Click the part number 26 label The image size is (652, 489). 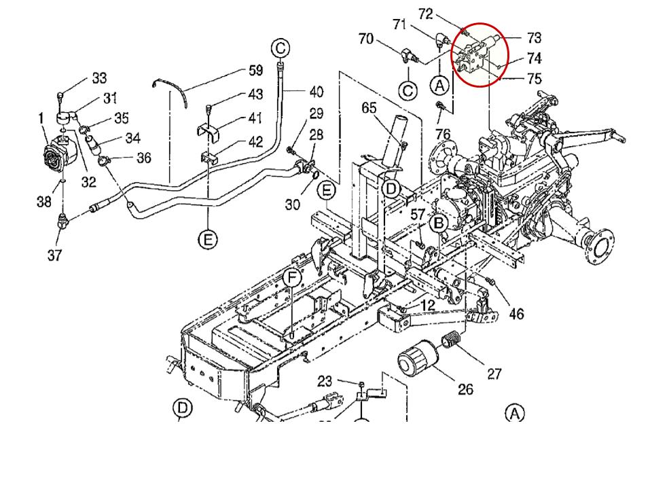coord(465,389)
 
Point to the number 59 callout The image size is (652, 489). coord(255,70)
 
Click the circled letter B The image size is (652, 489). coord(439,222)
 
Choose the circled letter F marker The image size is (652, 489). coord(291,278)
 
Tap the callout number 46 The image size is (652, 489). coord(516,313)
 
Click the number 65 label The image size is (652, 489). coord(369,107)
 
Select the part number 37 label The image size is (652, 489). coord(54,255)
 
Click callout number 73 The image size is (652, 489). coord(534,37)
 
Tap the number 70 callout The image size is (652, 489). coord(365,39)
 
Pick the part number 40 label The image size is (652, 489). coord(316,92)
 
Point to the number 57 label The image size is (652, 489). coord(418,215)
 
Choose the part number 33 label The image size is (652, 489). coord(99,79)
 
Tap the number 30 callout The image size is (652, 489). coord(293,203)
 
